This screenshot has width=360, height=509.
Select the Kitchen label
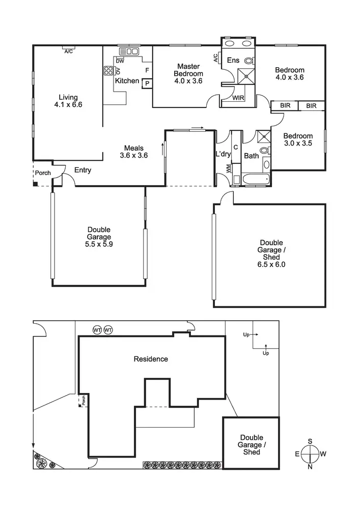pyautogui.click(x=127, y=81)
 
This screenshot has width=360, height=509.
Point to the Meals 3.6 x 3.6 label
pyautogui.click(x=133, y=152)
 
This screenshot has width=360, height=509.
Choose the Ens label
pyautogui.click(x=233, y=61)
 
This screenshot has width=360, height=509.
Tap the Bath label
pyautogui.click(x=252, y=156)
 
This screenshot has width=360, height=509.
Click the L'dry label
pyautogui.click(x=223, y=154)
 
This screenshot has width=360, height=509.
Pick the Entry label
pyautogui.click(x=82, y=170)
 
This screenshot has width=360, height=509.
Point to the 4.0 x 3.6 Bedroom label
pyautogui.click(x=289, y=74)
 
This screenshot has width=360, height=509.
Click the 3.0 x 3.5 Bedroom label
pyautogui.click(x=297, y=139)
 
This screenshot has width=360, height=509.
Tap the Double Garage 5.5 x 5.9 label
pyautogui.click(x=98, y=237)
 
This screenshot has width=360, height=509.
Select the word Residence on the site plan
pyautogui.click(x=150, y=359)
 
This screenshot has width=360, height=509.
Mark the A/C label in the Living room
pyautogui.click(x=67, y=51)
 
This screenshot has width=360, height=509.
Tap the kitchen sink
pyautogui.click(x=129, y=51)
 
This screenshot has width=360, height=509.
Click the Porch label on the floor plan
pyautogui.click(x=43, y=173)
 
